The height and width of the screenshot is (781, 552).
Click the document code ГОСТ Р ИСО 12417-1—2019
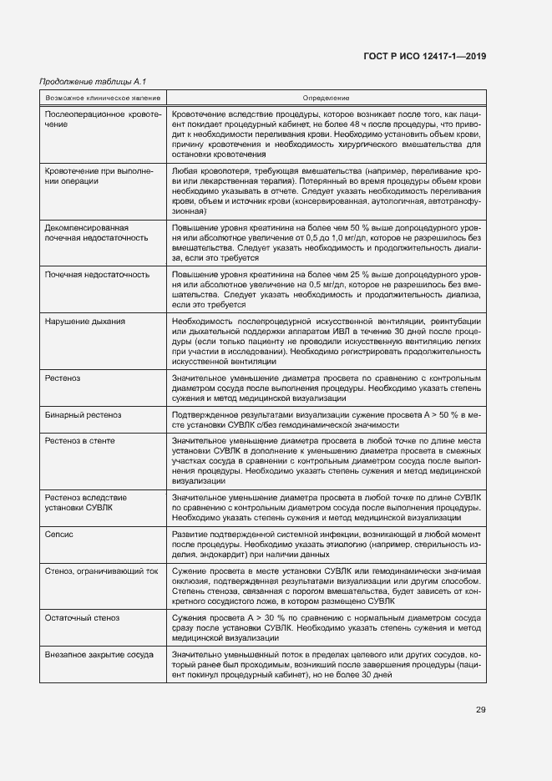pos(425,56)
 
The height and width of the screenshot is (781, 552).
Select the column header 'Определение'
pos(327,98)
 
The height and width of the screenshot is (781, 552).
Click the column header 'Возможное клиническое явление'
pos(102,98)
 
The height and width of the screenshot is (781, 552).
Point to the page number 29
pos(480,710)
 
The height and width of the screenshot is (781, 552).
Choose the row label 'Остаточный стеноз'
pos(82,618)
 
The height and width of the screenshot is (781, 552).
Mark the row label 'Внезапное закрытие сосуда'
pos(99,655)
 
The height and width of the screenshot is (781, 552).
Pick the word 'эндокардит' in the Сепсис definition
pos(215,555)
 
